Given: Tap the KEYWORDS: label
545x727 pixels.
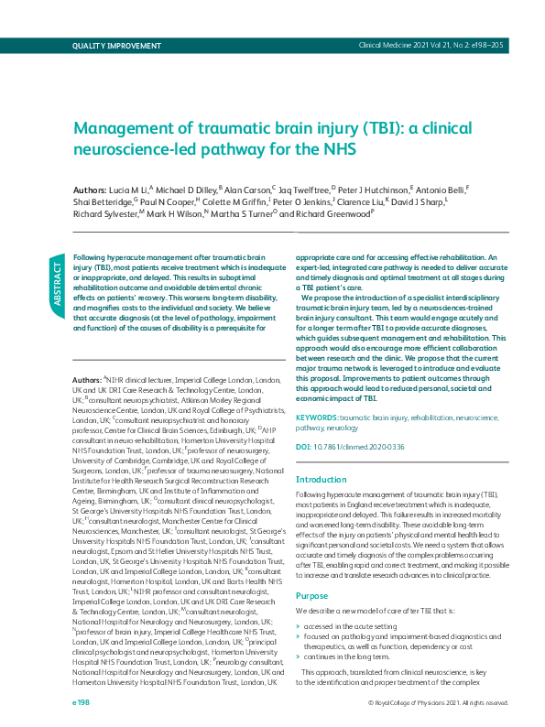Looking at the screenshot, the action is [317, 417].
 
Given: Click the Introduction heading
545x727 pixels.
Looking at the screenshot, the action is [322, 480].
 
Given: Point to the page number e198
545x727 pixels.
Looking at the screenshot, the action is [82, 702].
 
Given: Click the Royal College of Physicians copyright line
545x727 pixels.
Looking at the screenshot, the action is [438, 703].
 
